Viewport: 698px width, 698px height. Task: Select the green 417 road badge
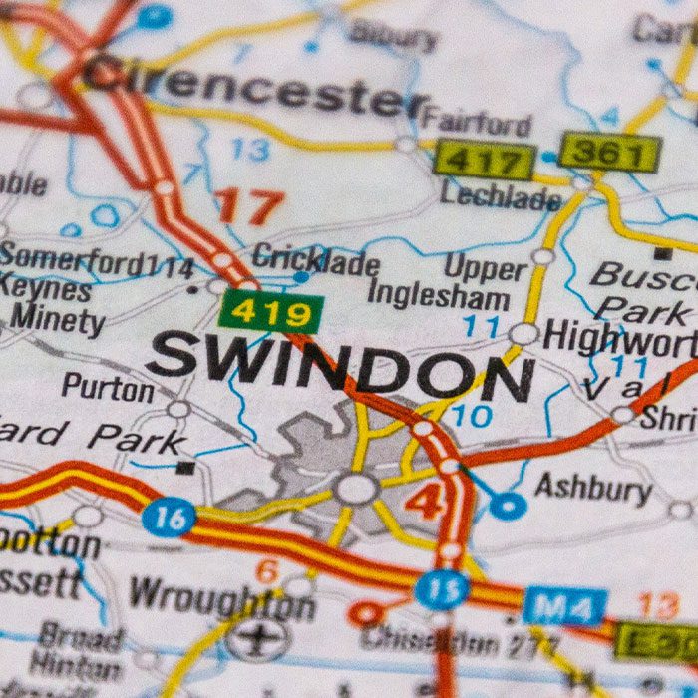tap(484, 161)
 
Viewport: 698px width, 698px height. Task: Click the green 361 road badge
tap(609, 153)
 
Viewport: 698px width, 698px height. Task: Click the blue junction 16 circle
tap(168, 519)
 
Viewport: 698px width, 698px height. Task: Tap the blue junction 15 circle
tap(441, 588)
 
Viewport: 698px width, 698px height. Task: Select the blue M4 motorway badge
tap(565, 606)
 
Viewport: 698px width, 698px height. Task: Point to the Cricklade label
tap(315, 262)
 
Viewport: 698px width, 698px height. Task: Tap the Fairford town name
tap(476, 123)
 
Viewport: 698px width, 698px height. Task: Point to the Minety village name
tap(57, 322)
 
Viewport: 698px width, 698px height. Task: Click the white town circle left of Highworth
tap(523, 334)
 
